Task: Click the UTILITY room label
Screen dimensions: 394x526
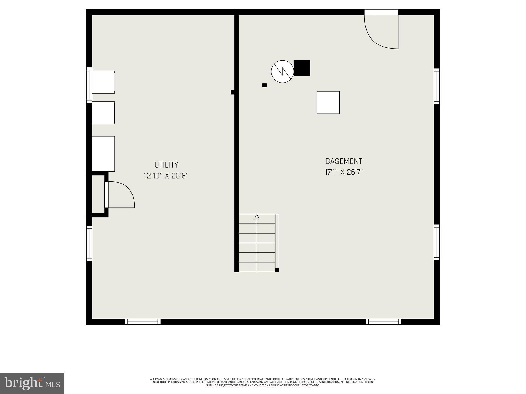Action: [166, 165]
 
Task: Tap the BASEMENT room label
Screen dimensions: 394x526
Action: [344, 161]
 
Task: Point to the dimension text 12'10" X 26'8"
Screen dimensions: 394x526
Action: [166, 176]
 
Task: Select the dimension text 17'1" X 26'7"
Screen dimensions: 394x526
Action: [344, 172]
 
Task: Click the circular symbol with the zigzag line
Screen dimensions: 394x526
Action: [282, 72]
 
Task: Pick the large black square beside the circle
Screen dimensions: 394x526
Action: [302, 68]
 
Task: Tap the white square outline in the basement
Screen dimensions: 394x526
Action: [328, 102]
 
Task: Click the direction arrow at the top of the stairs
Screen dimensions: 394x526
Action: [257, 216]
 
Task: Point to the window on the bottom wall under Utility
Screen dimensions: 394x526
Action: [143, 322]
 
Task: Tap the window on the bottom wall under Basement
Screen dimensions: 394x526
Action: [383, 322]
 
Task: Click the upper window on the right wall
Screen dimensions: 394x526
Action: [437, 86]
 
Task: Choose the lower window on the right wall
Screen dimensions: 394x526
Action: [437, 242]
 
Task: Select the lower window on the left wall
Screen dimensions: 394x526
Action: [89, 243]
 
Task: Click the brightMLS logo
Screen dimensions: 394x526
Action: [32, 383]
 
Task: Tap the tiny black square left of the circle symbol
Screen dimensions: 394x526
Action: [265, 85]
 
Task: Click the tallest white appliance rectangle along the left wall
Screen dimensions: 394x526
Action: [103, 154]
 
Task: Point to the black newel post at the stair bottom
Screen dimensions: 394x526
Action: [277, 270]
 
